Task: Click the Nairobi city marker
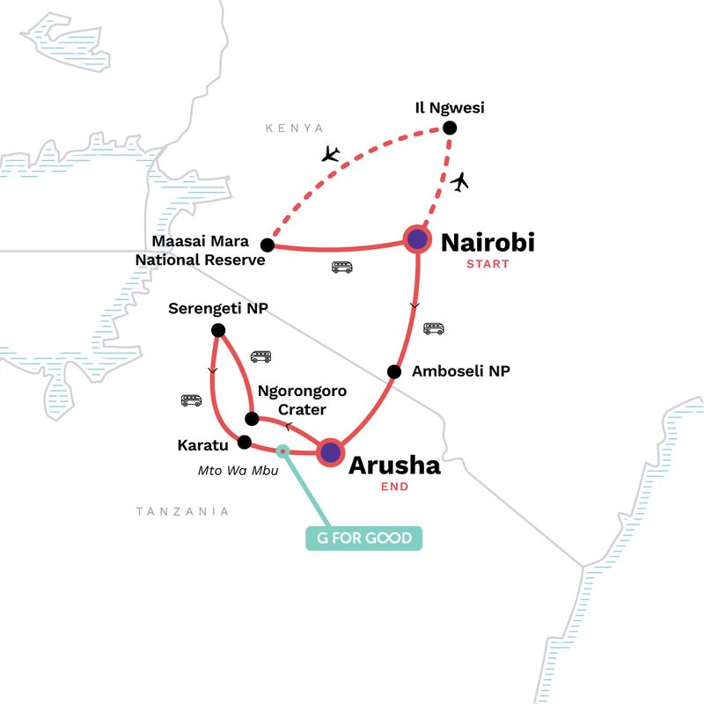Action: [x=417, y=238]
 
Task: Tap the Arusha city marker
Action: [x=330, y=452]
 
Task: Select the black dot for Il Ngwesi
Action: [x=450, y=128]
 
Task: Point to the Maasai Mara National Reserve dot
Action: [x=268, y=246]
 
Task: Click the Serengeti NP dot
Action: [x=218, y=330]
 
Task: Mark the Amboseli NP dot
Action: [x=395, y=370]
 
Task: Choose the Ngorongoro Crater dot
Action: [x=251, y=419]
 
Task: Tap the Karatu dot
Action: [x=245, y=442]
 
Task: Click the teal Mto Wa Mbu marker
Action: [x=282, y=451]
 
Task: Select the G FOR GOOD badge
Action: [x=364, y=537]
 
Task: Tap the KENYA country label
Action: [x=295, y=128]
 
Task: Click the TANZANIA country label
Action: [x=182, y=511]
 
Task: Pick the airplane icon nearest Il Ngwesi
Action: [x=459, y=182]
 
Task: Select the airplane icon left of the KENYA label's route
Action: [x=331, y=155]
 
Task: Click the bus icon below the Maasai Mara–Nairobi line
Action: [x=341, y=267]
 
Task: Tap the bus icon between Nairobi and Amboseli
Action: [x=434, y=328]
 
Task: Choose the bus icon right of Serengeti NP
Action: [x=261, y=356]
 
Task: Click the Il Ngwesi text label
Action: [x=451, y=108]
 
